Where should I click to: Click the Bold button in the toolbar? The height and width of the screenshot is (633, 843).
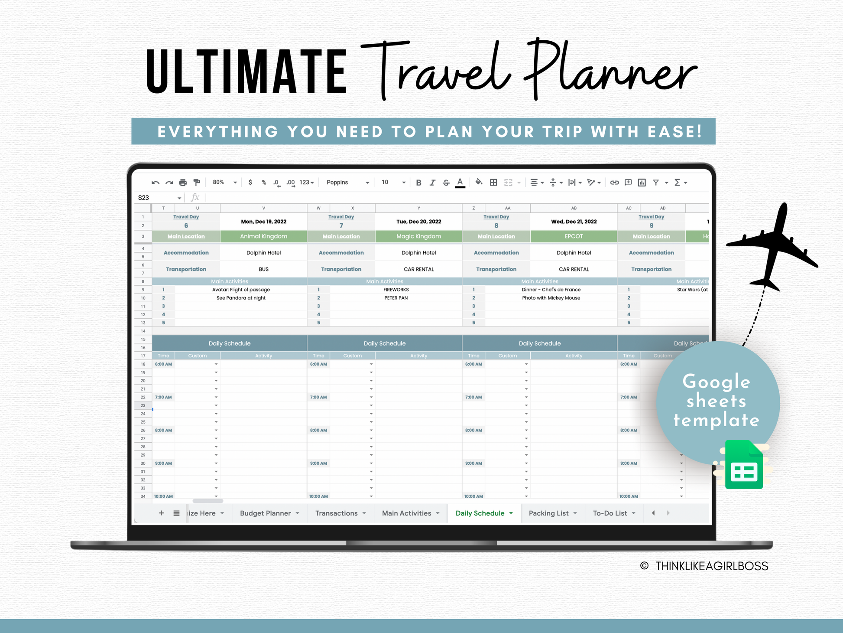click(x=418, y=183)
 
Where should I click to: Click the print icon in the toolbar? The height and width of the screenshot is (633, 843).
click(x=183, y=183)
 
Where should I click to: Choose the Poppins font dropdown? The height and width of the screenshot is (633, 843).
click(x=347, y=183)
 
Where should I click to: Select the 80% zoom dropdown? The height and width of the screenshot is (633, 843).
click(x=224, y=183)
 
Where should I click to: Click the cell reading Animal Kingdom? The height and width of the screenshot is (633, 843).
click(x=263, y=236)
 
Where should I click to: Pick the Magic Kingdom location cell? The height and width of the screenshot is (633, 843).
click(x=418, y=236)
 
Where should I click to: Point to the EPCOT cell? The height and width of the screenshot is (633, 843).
click(x=574, y=236)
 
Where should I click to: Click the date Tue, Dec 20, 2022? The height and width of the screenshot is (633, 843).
click(x=418, y=222)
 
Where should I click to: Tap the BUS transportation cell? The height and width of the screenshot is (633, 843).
click(x=263, y=269)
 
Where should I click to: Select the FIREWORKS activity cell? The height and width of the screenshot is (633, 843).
click(x=396, y=290)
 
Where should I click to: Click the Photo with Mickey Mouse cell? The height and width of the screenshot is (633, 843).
click(x=551, y=298)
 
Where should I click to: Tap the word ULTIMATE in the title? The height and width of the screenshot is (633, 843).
click(x=246, y=72)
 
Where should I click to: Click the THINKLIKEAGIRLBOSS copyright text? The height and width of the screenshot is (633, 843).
click(x=711, y=566)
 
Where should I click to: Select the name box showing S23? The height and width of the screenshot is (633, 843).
click(x=159, y=198)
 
